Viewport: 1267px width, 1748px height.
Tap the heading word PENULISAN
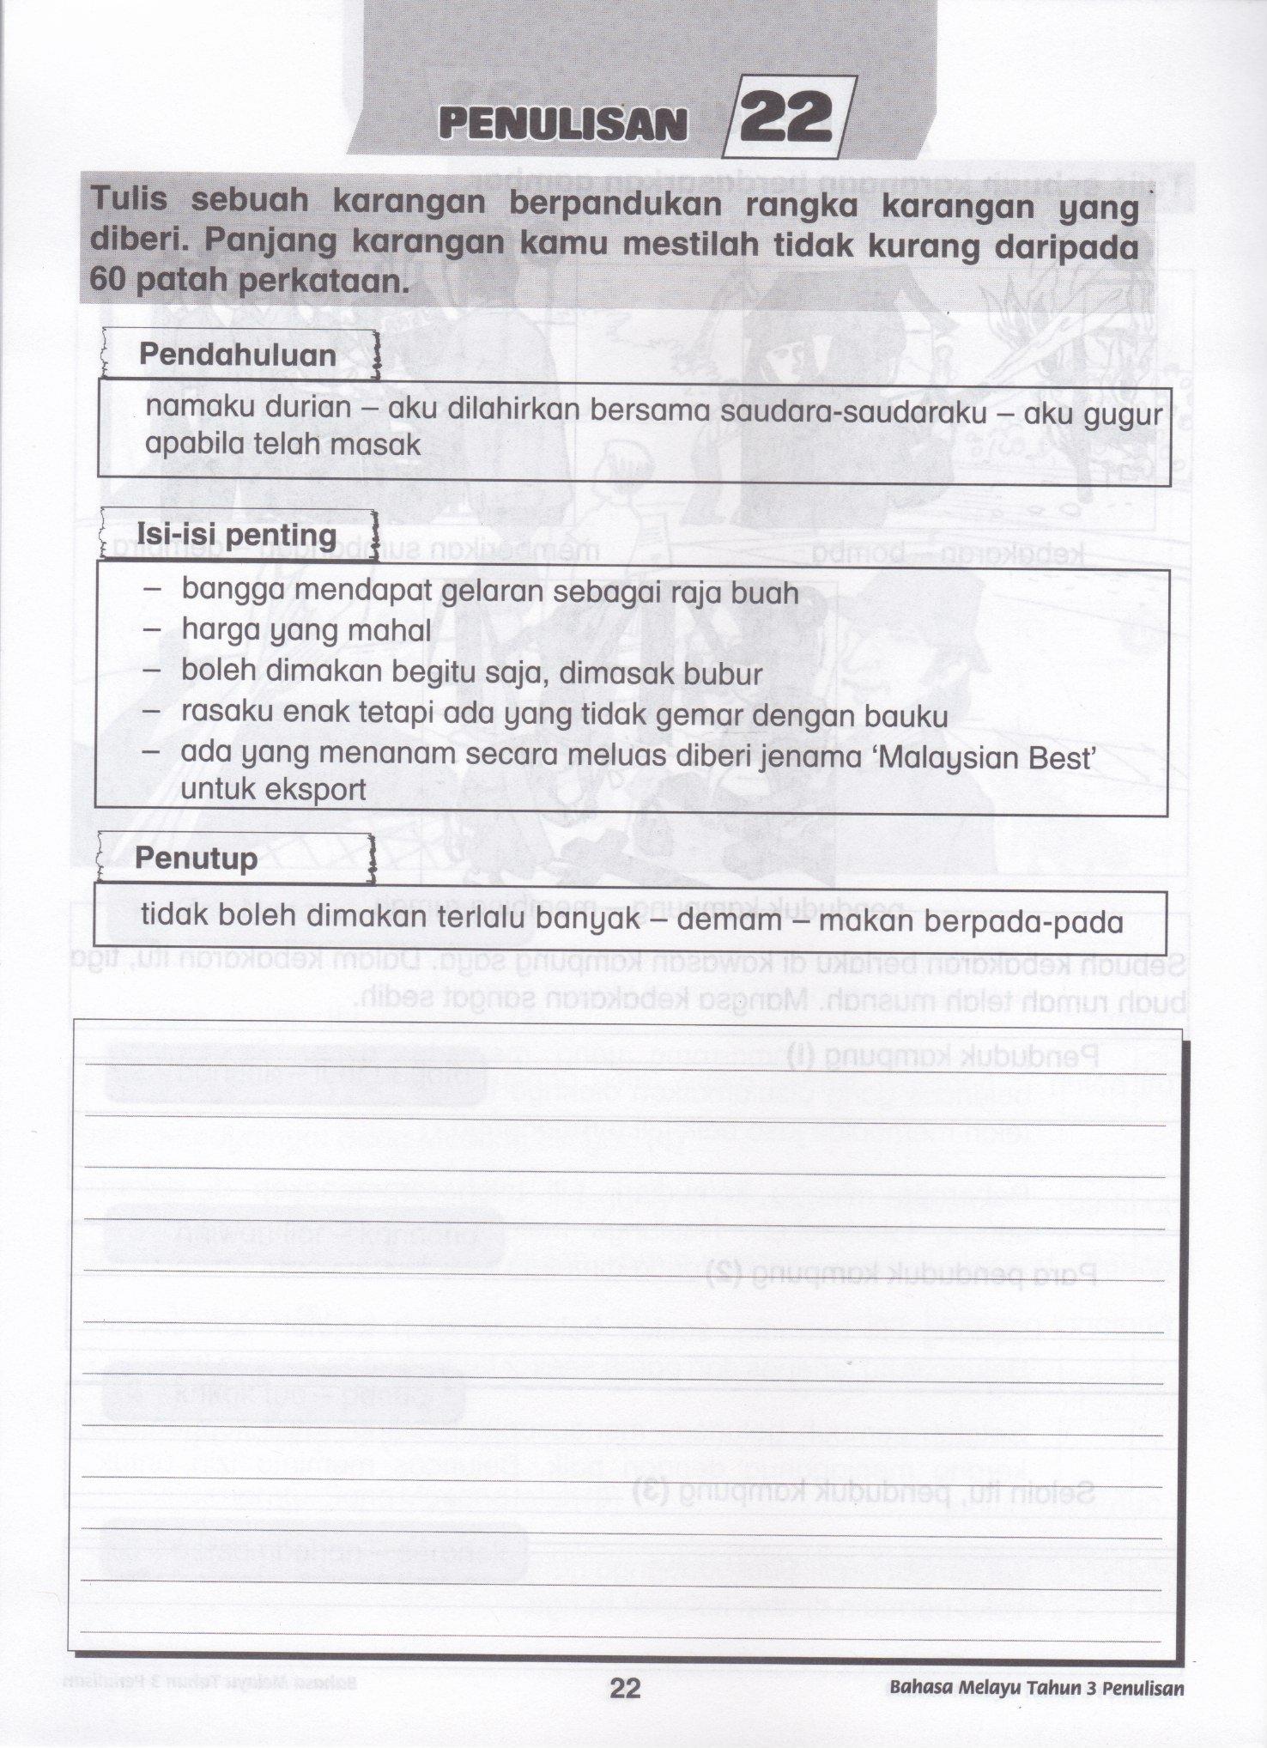coord(562,124)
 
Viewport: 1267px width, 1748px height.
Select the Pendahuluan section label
coord(238,355)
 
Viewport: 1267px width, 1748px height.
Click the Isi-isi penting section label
coord(237,535)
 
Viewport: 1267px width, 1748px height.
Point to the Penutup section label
coord(196,859)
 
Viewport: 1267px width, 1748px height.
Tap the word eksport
coord(317,790)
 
